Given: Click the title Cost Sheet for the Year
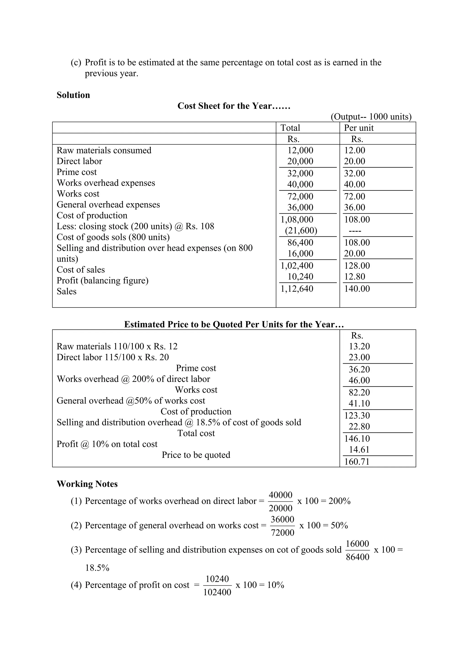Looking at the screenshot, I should click(234, 106).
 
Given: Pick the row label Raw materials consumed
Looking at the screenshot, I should click(104, 150).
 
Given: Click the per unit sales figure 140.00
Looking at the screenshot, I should click(357, 289).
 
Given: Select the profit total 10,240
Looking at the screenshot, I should click(300, 276).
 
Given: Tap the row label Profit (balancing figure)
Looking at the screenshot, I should click(102, 281).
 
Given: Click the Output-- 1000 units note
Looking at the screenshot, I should click(371, 117).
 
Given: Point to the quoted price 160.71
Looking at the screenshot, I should click(357, 462).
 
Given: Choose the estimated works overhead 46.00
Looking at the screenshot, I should click(359, 380).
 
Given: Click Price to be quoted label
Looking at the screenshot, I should click(196, 455).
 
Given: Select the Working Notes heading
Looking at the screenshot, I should click(87, 484).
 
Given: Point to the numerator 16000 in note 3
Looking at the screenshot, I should click(357, 543).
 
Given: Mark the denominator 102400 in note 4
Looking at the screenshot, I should click(217, 592).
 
